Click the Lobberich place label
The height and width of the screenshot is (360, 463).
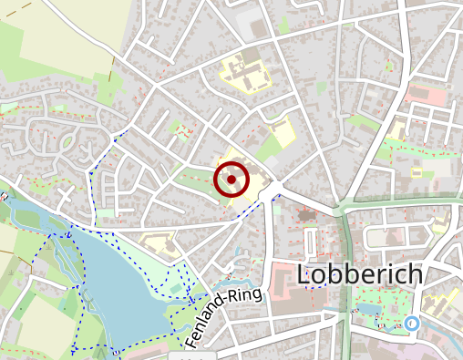tap(361, 274)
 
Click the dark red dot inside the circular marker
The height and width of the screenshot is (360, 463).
tap(232, 180)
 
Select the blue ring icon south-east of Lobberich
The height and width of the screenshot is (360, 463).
tap(412, 323)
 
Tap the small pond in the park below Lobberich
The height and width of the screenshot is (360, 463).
tap(368, 309)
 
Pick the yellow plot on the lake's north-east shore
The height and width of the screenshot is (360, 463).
tap(157, 242)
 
